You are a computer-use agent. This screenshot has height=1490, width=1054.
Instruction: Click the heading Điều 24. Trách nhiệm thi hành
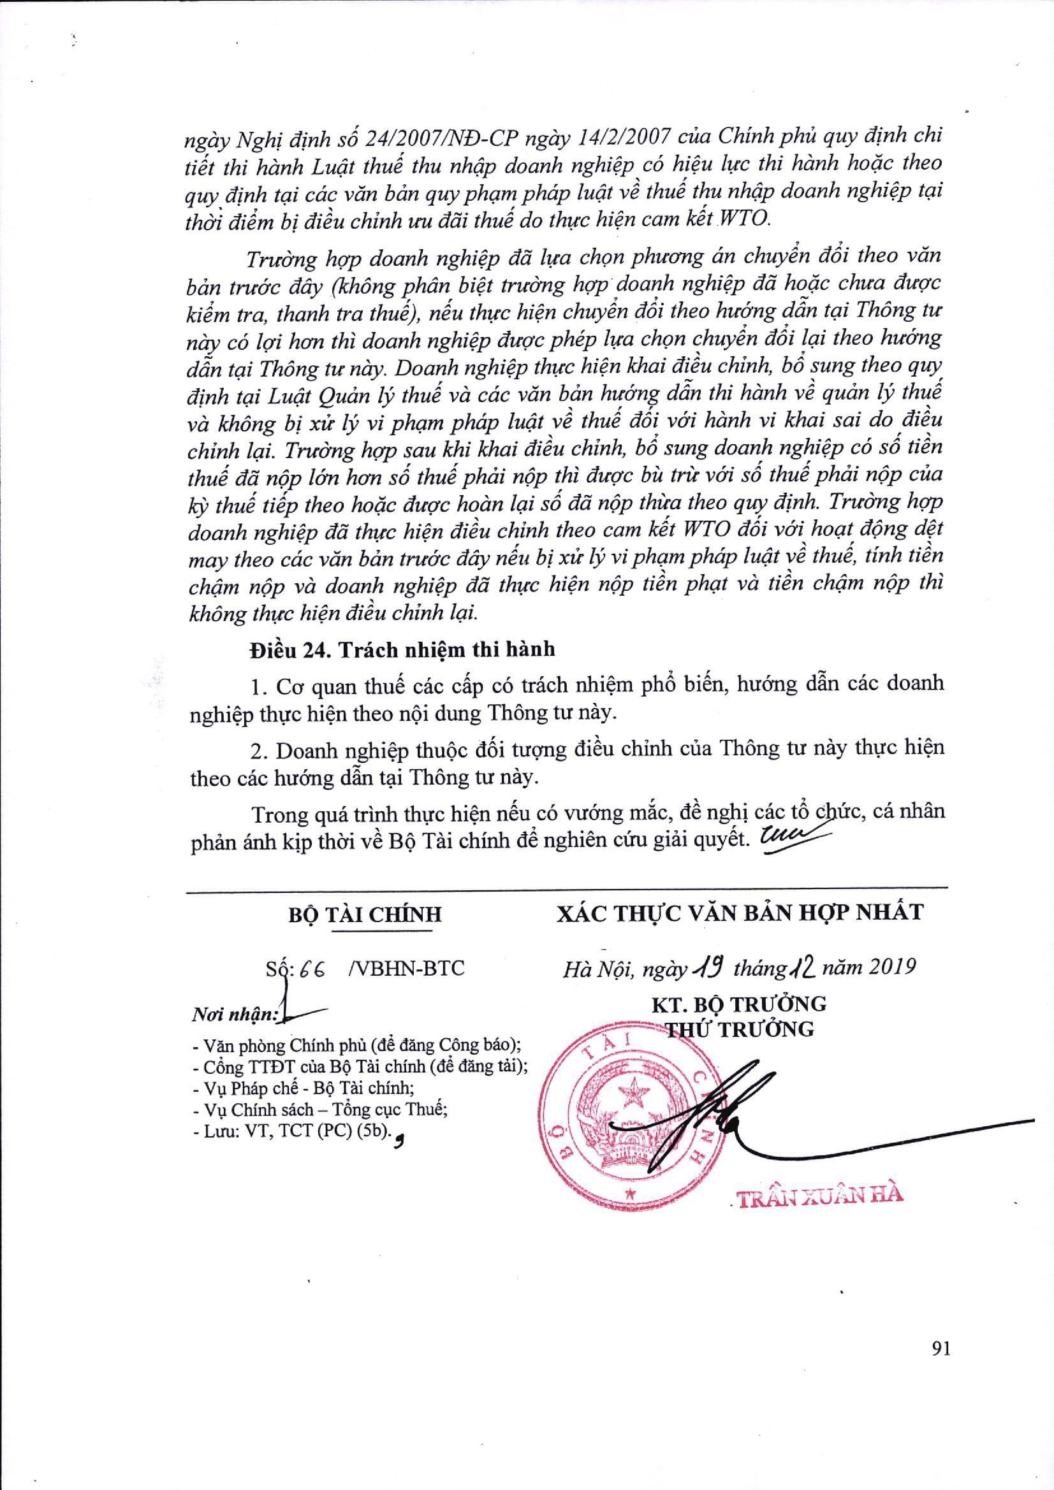tap(402, 649)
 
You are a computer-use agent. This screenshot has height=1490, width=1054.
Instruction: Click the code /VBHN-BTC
tap(407, 969)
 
